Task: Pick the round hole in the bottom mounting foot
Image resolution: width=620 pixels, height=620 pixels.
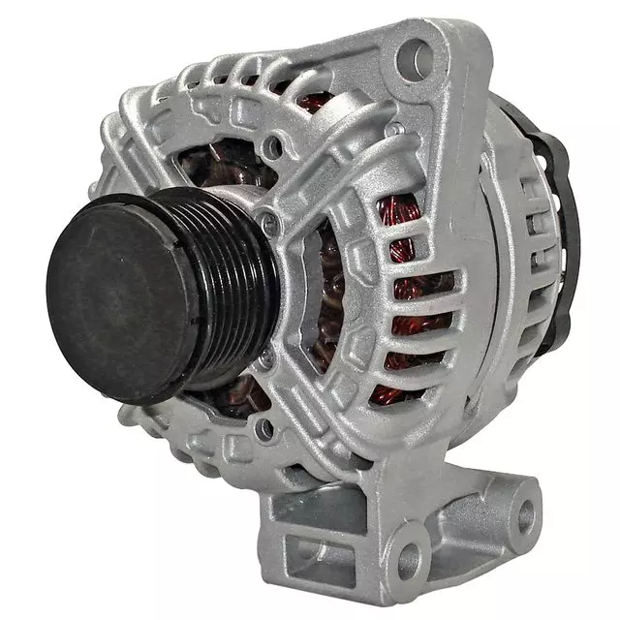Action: (x=409, y=560)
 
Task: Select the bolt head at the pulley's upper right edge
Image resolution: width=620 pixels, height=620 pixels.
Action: (x=268, y=226)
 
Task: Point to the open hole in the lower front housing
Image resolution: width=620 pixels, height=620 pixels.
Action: (x=262, y=426)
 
